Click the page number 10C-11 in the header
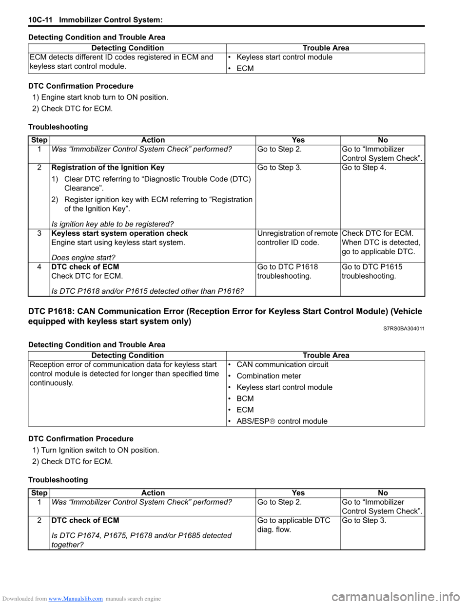click(x=40, y=20)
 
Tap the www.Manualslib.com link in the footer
click(x=76, y=599)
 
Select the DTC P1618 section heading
click(x=225, y=316)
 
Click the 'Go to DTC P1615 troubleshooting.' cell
click(x=372, y=271)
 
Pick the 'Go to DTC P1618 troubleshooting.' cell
click(x=288, y=271)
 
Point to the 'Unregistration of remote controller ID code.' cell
click(x=297, y=238)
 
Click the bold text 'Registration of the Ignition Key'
click(x=108, y=168)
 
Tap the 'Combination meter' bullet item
click(x=269, y=376)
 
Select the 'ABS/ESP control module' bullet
click(x=282, y=421)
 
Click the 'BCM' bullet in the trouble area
click(x=245, y=398)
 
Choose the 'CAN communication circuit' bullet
click(x=282, y=365)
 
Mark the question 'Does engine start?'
click(x=83, y=258)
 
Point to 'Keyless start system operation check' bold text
click(x=119, y=233)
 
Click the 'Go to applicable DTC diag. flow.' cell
click(x=294, y=525)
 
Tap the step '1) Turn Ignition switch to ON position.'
click(x=96, y=450)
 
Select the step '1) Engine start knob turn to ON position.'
click(x=100, y=97)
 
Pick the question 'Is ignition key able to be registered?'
click(x=112, y=224)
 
